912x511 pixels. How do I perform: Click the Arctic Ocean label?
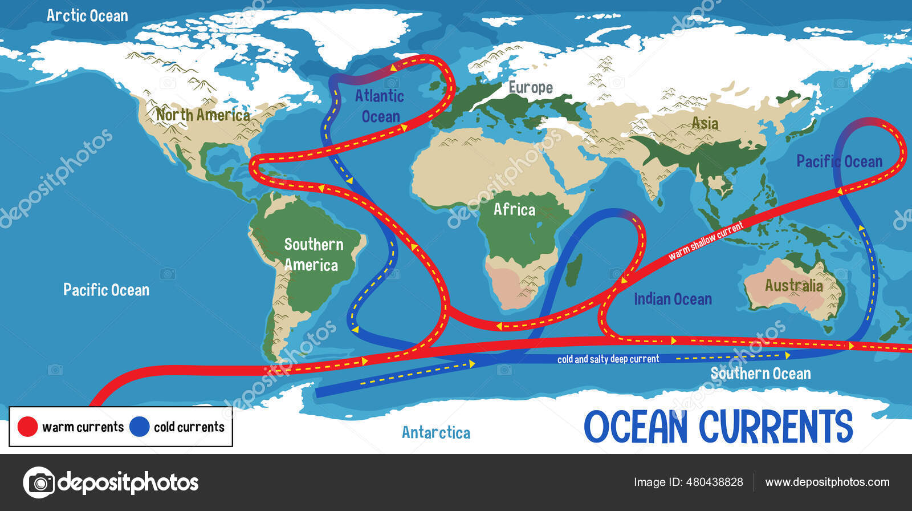(x=87, y=15)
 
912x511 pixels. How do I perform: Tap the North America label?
(x=203, y=115)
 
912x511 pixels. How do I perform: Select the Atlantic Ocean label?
(x=380, y=106)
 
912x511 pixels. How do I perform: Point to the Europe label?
(x=530, y=87)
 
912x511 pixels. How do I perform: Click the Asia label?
(x=705, y=123)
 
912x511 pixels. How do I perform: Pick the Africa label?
(x=514, y=209)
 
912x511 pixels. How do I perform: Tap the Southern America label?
(x=313, y=254)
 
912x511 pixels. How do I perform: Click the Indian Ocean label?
(x=673, y=299)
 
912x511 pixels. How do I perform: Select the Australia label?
(x=793, y=285)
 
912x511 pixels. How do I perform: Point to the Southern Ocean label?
(x=760, y=374)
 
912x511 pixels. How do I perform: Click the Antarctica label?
(x=436, y=432)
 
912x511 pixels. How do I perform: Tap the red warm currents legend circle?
(x=27, y=427)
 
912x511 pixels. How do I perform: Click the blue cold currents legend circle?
(x=139, y=427)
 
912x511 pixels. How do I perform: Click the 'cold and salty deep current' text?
(x=608, y=359)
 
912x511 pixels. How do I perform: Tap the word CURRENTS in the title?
(x=776, y=427)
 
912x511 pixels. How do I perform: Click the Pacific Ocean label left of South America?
(x=106, y=290)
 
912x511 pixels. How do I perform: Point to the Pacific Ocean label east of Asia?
(x=839, y=161)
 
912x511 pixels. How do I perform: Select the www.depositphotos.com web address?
(x=827, y=482)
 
